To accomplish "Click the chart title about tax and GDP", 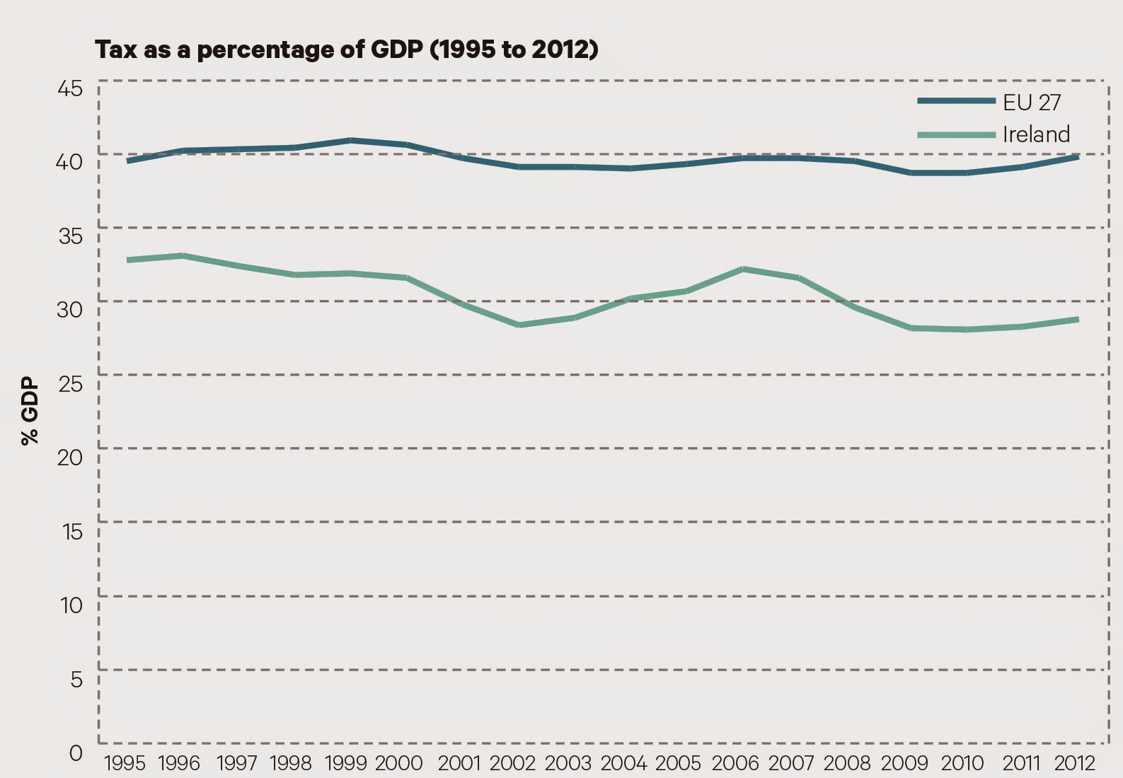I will tap(347, 50).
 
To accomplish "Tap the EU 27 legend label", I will tap(1032, 103).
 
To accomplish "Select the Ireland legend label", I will tap(1036, 134).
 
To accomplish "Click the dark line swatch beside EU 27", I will tap(956, 101).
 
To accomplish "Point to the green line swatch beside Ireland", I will tap(956, 134).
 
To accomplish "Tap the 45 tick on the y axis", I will tap(70, 88).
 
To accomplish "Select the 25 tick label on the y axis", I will tap(70, 383).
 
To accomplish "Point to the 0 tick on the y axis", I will tap(76, 753).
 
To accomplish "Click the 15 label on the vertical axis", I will tap(71, 531).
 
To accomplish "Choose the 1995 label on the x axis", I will tap(125, 763).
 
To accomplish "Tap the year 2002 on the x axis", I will tap(512, 763).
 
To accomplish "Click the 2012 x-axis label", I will tap(1075, 763).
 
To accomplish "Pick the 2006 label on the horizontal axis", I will tap(735, 763).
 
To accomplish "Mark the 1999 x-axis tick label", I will tap(345, 763).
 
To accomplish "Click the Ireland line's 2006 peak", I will tap(743, 269).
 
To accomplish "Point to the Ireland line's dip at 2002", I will tap(519, 325).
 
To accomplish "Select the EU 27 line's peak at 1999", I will tap(351, 140).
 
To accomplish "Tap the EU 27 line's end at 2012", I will tap(1077, 157).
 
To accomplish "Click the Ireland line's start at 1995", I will tap(128, 260).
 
